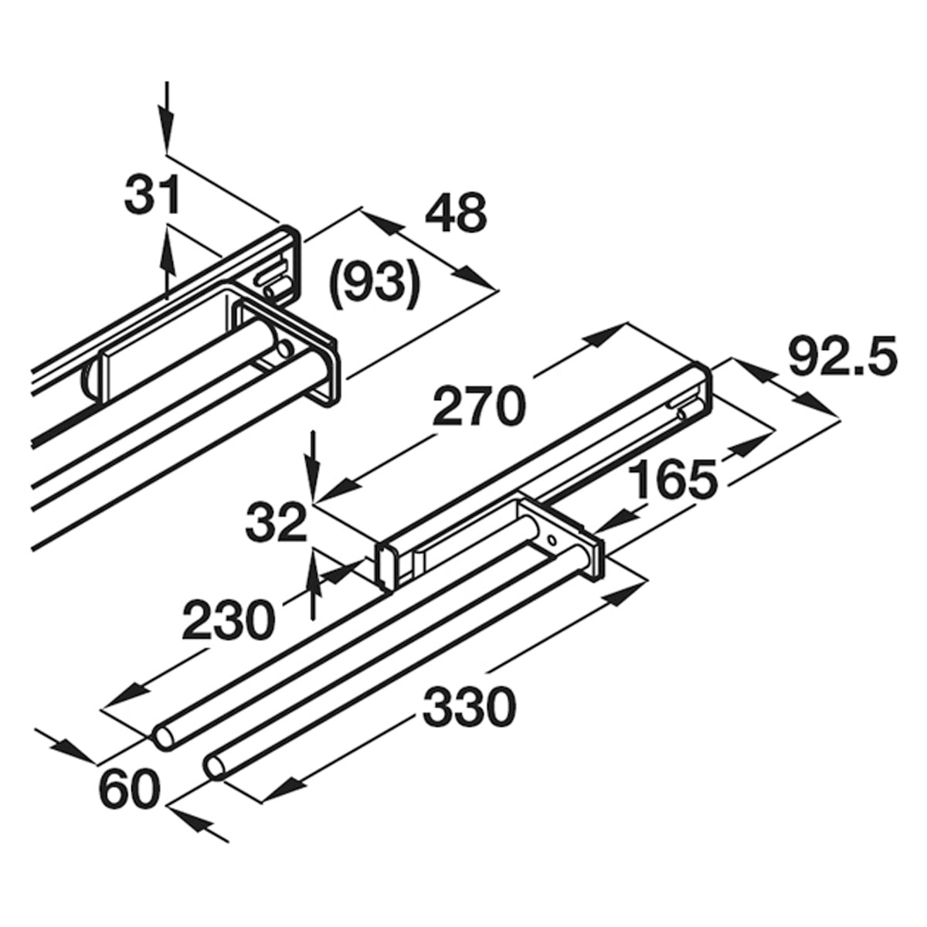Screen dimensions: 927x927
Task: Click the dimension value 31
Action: click(152, 195)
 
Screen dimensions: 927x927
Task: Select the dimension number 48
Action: click(456, 213)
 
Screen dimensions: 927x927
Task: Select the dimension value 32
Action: click(276, 524)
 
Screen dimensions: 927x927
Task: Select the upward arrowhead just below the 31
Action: click(167, 250)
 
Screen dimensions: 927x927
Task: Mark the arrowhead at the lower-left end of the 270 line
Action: click(338, 492)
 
